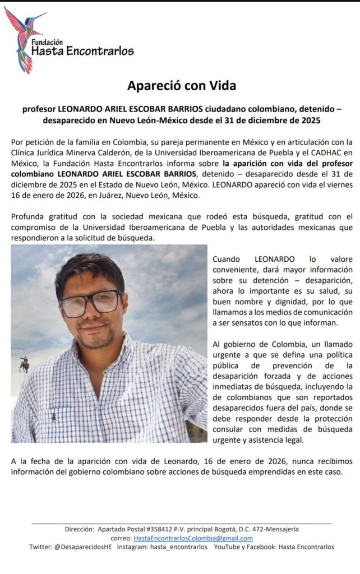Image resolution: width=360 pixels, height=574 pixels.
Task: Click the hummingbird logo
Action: [25, 37]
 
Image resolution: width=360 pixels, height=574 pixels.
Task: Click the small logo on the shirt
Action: [54, 416]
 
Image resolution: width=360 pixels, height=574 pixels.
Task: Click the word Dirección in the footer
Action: [80, 529]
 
